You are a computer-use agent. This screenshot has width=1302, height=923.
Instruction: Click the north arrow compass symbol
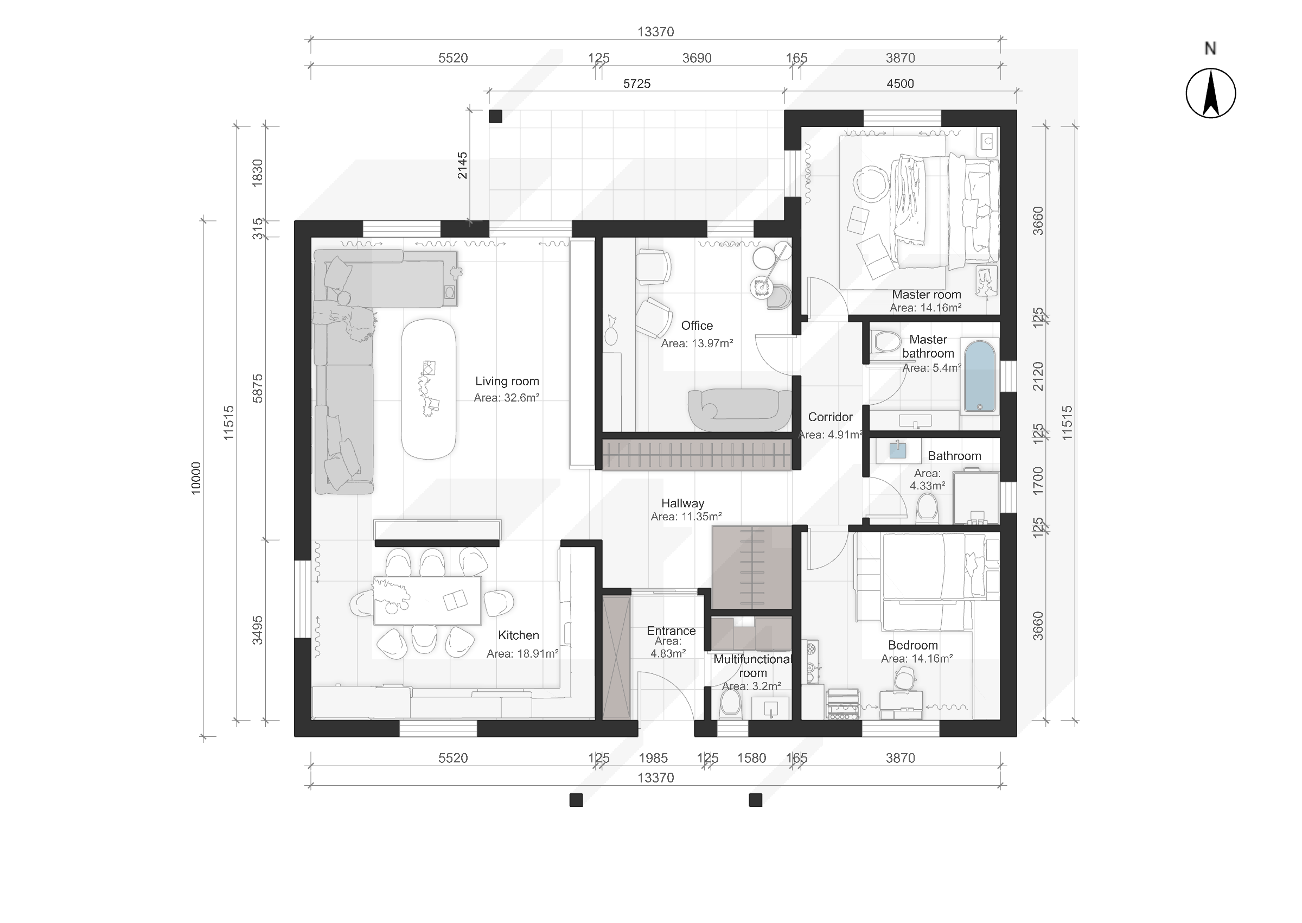[x=1210, y=93]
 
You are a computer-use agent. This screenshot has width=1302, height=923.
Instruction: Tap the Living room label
[x=507, y=381]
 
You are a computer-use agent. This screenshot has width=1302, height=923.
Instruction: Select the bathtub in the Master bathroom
[x=979, y=375]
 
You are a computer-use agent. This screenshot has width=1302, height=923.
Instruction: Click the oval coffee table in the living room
[x=429, y=389]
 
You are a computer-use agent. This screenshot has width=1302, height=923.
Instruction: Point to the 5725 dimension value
[x=636, y=84]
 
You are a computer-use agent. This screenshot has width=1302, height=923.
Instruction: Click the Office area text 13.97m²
[x=697, y=343]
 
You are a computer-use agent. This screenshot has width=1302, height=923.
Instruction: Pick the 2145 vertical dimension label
[x=462, y=165]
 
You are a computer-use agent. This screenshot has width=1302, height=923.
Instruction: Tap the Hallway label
[x=682, y=503]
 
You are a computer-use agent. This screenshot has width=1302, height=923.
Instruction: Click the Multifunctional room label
[x=752, y=666]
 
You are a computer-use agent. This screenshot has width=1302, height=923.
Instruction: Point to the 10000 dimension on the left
[x=195, y=478]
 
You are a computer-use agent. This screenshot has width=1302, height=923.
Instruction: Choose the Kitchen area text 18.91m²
[x=522, y=654]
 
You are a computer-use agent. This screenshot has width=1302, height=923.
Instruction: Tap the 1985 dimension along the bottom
[x=653, y=758]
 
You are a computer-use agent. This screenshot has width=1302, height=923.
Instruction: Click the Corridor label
[x=830, y=417]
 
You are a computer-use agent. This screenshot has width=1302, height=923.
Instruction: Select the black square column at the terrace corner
[x=495, y=116]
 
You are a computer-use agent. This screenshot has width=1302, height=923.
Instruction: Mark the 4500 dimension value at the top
[x=900, y=84]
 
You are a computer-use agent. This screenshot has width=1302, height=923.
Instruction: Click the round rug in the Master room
[x=870, y=183]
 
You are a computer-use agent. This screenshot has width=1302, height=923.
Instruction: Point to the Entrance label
[x=671, y=631]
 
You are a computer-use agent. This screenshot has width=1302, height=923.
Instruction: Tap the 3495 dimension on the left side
[x=257, y=630]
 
